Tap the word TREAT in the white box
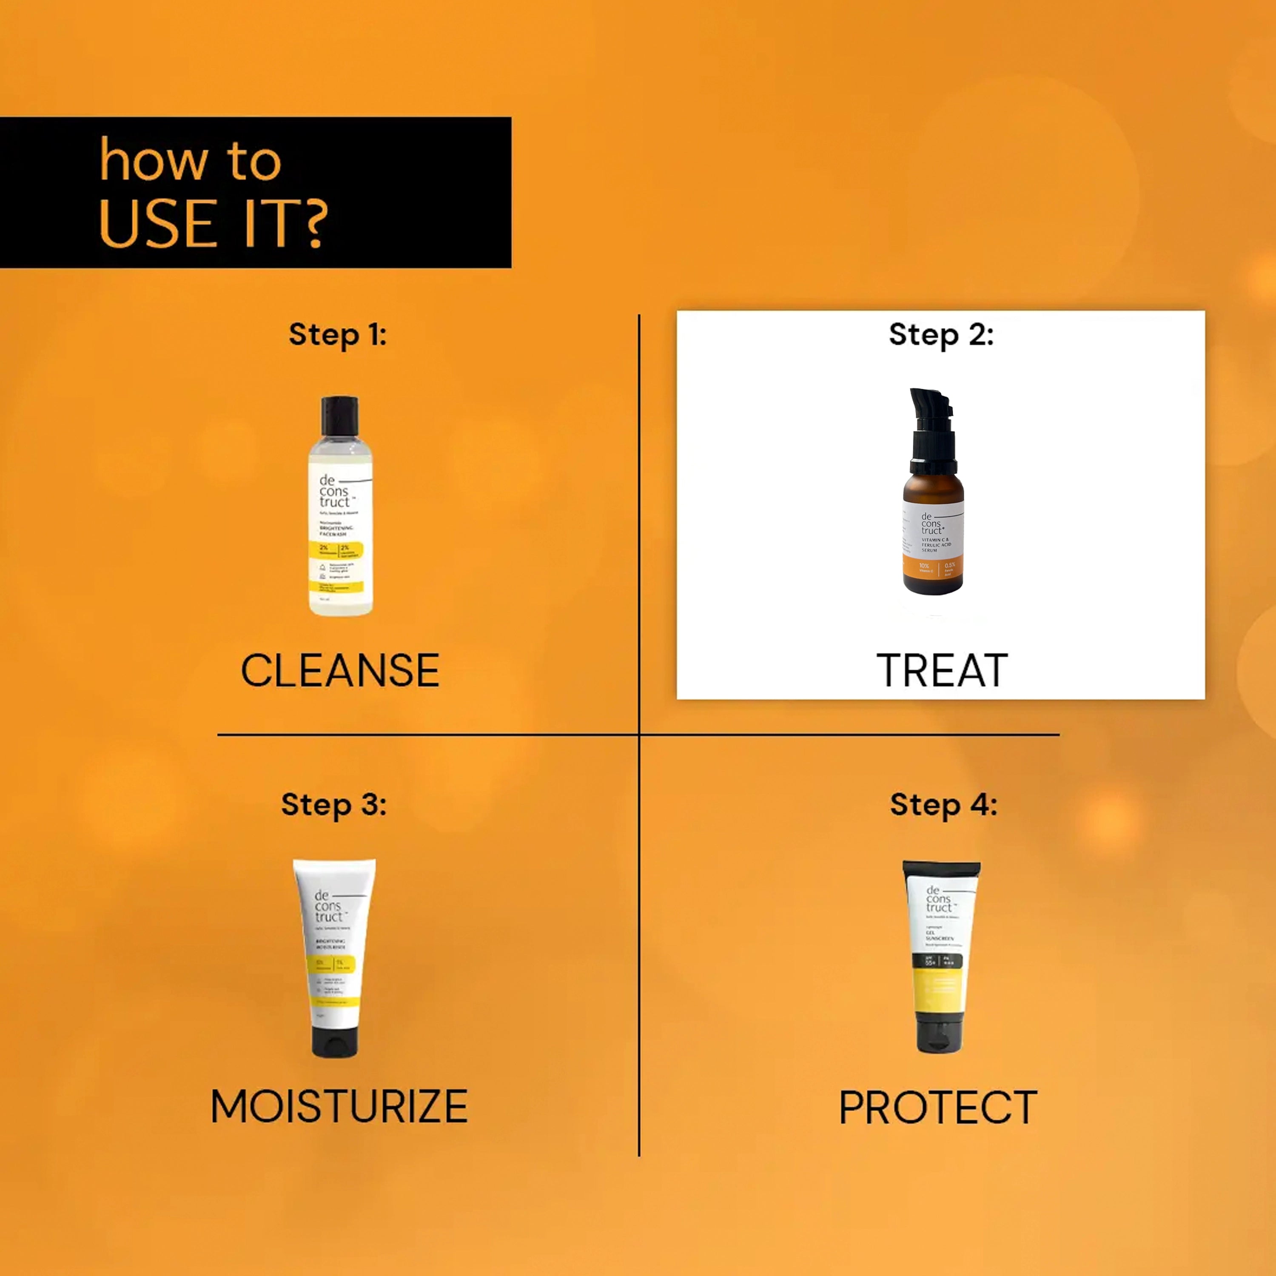tap(942, 670)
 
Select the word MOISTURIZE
tap(339, 1106)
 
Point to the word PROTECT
tap(938, 1107)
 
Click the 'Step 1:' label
tap(337, 334)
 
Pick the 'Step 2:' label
tap(941, 334)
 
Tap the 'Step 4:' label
tap(943, 804)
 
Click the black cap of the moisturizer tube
tap(335, 1038)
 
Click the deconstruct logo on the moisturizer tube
tap(329, 906)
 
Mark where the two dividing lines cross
tap(639, 734)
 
